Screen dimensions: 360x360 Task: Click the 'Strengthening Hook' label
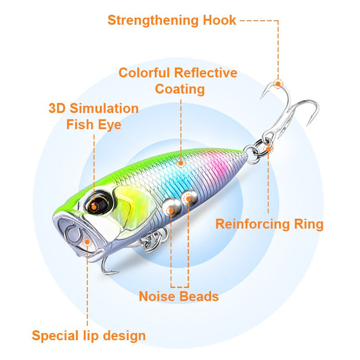coord(171,20)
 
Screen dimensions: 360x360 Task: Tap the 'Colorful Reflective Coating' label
coord(178,81)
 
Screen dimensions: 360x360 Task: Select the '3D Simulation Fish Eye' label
coord(94,116)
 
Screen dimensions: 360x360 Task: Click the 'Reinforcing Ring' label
coord(269,224)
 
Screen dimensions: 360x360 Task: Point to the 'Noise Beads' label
coord(178,297)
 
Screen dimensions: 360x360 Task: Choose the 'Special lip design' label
coord(89,336)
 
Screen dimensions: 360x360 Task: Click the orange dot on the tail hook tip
coord(278,84)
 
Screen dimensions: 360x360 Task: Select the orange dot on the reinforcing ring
coord(269,150)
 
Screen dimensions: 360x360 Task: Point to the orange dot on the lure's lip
coord(87,241)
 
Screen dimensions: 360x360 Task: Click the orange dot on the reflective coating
coord(180,163)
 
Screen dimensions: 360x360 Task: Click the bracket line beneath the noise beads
coord(179,286)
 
